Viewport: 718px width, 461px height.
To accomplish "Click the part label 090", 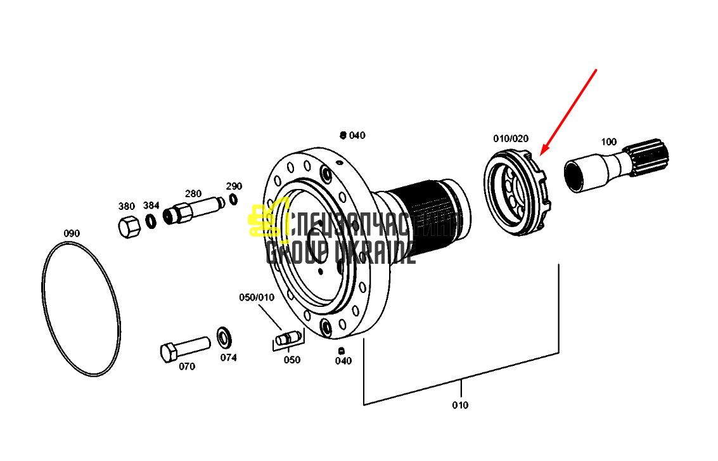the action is click(x=72, y=234).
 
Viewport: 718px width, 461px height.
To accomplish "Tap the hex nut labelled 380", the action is click(x=129, y=226).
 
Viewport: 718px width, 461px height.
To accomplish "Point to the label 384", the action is click(x=151, y=205).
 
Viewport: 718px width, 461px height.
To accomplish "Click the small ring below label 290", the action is click(x=234, y=199).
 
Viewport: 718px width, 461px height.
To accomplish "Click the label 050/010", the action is click(x=257, y=297).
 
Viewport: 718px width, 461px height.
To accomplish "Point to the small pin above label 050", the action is click(x=286, y=339).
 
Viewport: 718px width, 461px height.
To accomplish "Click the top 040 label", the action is click(x=357, y=136).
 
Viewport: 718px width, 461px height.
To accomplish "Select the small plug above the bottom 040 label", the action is click(x=341, y=351).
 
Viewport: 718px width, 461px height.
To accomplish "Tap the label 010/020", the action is click(x=511, y=138).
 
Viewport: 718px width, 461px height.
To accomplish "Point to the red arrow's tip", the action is click(x=541, y=155).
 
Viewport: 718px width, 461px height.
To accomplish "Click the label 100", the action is click(x=608, y=142).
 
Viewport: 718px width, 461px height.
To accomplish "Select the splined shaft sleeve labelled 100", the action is click(x=616, y=164).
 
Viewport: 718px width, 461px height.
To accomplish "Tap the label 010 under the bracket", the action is click(x=460, y=406).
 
